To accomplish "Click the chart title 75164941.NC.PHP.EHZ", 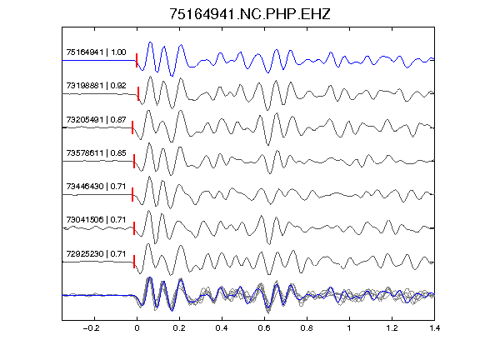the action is click(x=250, y=14).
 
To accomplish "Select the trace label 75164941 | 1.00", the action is click(x=96, y=52).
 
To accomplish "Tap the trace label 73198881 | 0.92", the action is click(x=96, y=86).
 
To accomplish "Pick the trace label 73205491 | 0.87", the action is click(x=96, y=120).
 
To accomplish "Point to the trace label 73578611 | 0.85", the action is click(x=96, y=153).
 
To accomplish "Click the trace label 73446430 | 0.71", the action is click(x=96, y=187).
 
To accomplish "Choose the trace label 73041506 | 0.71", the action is click(x=96, y=220).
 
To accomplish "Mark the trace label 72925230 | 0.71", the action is click(x=96, y=254).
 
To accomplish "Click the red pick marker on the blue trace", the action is click(x=137, y=60).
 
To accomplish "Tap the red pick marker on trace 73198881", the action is click(x=138, y=93).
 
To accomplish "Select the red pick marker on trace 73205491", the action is click(x=132, y=127).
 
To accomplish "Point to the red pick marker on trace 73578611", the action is click(x=134, y=161).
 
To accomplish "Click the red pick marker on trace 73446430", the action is click(x=132, y=195).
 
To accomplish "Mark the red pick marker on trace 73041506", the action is click(x=134, y=228).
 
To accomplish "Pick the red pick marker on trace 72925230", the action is click(x=134, y=262).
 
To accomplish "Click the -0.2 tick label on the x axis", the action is click(x=92, y=328).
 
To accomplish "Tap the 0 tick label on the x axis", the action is click(x=137, y=328).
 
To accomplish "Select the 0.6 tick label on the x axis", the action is click(x=264, y=328).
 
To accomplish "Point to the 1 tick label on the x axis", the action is click(x=349, y=328).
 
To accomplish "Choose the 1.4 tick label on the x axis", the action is click(x=434, y=328).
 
